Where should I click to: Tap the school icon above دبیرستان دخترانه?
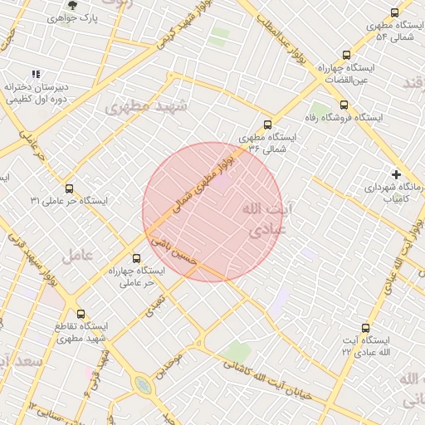(36, 74)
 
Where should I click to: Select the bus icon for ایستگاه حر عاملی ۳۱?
(69, 188)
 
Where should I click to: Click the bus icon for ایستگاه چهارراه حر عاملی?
(138, 257)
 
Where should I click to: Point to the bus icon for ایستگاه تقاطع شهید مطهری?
(81, 314)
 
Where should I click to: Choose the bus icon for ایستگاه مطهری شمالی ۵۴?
(393, 12)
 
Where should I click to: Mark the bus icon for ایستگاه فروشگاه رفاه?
(344, 105)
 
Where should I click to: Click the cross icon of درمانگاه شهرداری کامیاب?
(397, 174)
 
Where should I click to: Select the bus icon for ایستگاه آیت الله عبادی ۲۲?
(365, 328)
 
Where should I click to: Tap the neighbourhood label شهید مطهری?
(146, 106)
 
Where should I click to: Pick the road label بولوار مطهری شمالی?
(206, 184)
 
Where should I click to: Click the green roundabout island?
(144, 386)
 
